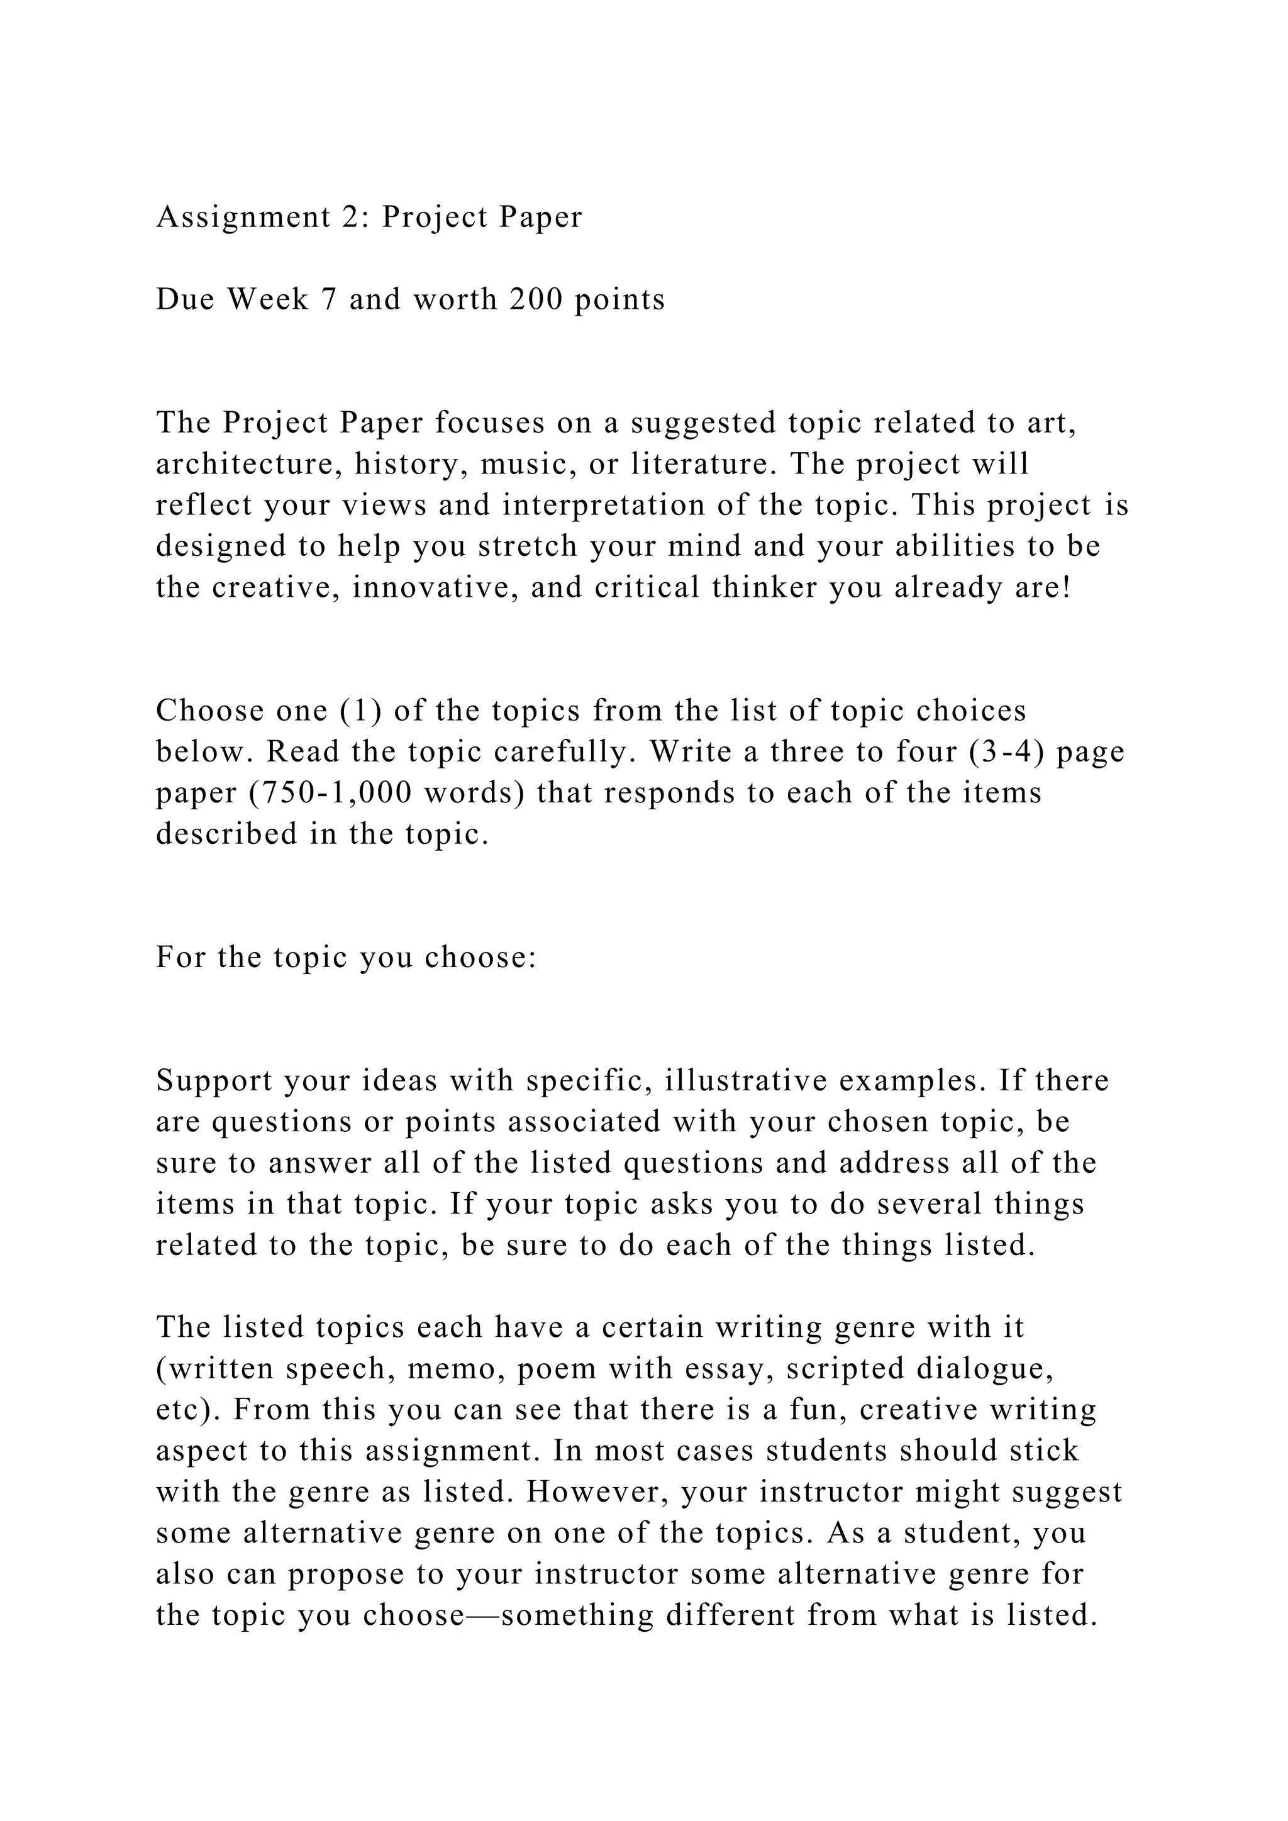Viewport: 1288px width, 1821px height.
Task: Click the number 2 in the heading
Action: click(350, 216)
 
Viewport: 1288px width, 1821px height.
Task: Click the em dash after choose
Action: click(482, 1615)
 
